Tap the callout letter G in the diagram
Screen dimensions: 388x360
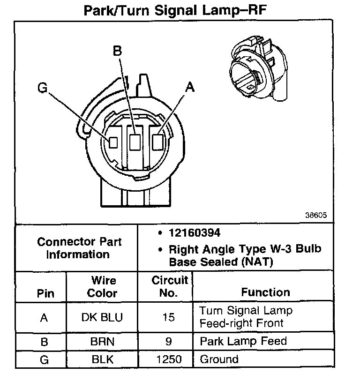(x=43, y=88)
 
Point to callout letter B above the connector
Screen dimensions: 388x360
(x=118, y=51)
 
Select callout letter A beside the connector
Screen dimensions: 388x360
(x=189, y=87)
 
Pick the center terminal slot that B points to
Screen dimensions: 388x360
(x=135, y=142)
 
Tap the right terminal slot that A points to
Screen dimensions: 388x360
(x=158, y=140)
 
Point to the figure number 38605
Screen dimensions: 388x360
(x=316, y=216)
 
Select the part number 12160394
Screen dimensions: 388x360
(x=194, y=233)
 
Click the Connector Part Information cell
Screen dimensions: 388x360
(x=79, y=248)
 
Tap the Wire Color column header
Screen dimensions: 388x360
(x=103, y=287)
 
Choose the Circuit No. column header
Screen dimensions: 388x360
(x=170, y=287)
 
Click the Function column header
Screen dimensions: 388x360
(x=265, y=292)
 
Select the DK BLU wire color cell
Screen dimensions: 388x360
(x=102, y=317)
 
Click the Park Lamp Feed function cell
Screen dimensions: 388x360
(x=243, y=341)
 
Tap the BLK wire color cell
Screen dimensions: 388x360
(x=102, y=360)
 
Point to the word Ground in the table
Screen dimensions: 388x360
(x=219, y=360)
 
